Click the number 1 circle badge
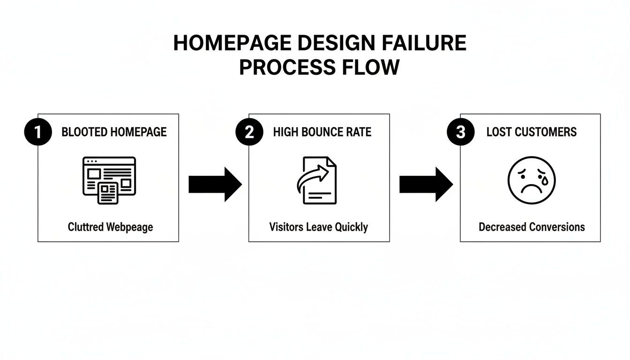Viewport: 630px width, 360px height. point(37,132)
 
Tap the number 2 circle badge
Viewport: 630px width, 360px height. point(249,132)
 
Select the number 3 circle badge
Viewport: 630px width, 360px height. point(460,132)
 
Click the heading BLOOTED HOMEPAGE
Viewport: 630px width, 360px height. point(114,132)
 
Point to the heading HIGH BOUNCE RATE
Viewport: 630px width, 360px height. point(322,132)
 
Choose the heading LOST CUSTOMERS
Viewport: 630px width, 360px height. point(532,132)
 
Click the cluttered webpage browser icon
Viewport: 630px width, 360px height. point(109,180)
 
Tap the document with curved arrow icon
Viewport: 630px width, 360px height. point(317,180)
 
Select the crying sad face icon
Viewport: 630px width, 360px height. point(532,180)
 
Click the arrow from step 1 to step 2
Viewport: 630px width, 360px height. point(215,185)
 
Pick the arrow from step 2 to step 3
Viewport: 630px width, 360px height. point(426,185)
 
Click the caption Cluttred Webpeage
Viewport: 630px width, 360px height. point(110,227)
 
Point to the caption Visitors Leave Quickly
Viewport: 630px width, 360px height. point(318,227)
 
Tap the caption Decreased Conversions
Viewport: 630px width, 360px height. point(532,227)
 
